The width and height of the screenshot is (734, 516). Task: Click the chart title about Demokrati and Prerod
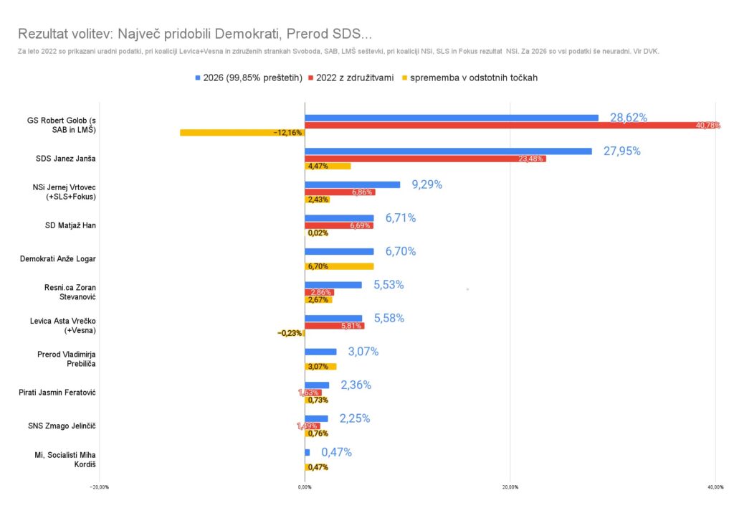[x=194, y=34]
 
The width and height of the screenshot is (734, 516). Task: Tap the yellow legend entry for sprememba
[x=472, y=78]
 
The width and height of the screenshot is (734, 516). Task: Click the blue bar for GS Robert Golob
[x=451, y=118]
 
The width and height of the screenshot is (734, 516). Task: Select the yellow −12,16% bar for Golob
[x=242, y=133]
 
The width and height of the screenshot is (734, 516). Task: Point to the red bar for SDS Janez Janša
[x=425, y=159]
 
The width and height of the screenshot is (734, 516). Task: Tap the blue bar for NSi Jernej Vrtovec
[x=352, y=184]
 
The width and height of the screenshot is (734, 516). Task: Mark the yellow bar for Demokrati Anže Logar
[x=339, y=266]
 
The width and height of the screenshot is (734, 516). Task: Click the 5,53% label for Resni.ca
[x=389, y=285]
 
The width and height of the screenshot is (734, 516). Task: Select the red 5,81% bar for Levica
[x=334, y=326]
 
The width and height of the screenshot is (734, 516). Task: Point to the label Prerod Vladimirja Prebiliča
[x=67, y=359]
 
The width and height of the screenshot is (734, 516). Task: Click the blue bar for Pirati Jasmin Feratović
[x=317, y=385]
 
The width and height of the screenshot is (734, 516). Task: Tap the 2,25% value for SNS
[x=355, y=419]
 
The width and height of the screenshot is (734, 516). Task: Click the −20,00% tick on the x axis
[x=99, y=487]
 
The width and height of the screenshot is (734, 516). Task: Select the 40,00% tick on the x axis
[x=715, y=487]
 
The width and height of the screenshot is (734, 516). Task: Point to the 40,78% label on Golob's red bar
[x=707, y=126]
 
